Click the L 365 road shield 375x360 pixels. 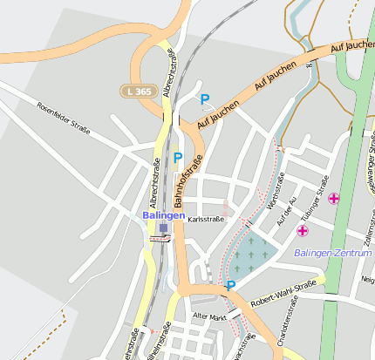coord(138,91)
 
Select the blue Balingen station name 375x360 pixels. coord(163,214)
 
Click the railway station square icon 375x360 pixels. coord(163,228)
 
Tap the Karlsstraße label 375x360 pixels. coord(206,220)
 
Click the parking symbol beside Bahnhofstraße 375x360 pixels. coord(178,158)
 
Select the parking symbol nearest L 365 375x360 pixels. coord(205,99)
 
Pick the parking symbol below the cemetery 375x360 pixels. coord(231,285)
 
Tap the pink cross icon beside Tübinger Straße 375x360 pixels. coord(334,199)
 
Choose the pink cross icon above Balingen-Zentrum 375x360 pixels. coord(303,230)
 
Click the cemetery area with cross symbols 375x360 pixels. coord(252,254)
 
